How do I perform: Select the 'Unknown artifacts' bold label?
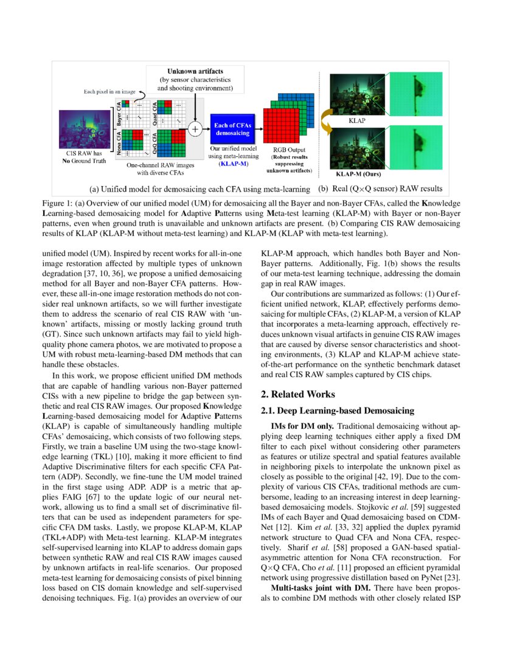pos(195,72)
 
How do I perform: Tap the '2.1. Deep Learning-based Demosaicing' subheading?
pos(337,412)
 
